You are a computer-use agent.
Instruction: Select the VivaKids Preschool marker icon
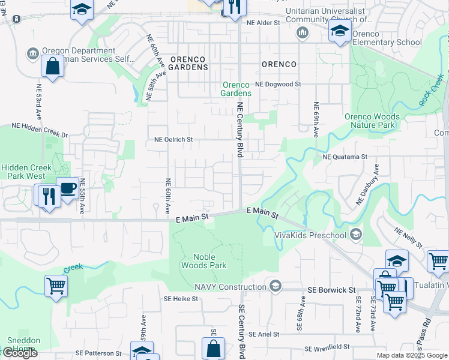point(357,234)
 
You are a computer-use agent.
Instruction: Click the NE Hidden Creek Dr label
point(40,127)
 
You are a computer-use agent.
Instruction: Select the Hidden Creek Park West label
point(23,172)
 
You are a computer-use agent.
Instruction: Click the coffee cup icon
point(68,188)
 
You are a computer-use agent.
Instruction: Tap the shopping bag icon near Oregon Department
point(53,66)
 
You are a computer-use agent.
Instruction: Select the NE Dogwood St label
point(278,85)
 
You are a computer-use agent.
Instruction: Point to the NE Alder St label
point(264,23)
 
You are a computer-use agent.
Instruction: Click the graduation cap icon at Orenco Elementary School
point(340,31)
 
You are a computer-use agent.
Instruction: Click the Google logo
point(20,353)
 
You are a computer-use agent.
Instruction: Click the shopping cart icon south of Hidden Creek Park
point(56,286)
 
